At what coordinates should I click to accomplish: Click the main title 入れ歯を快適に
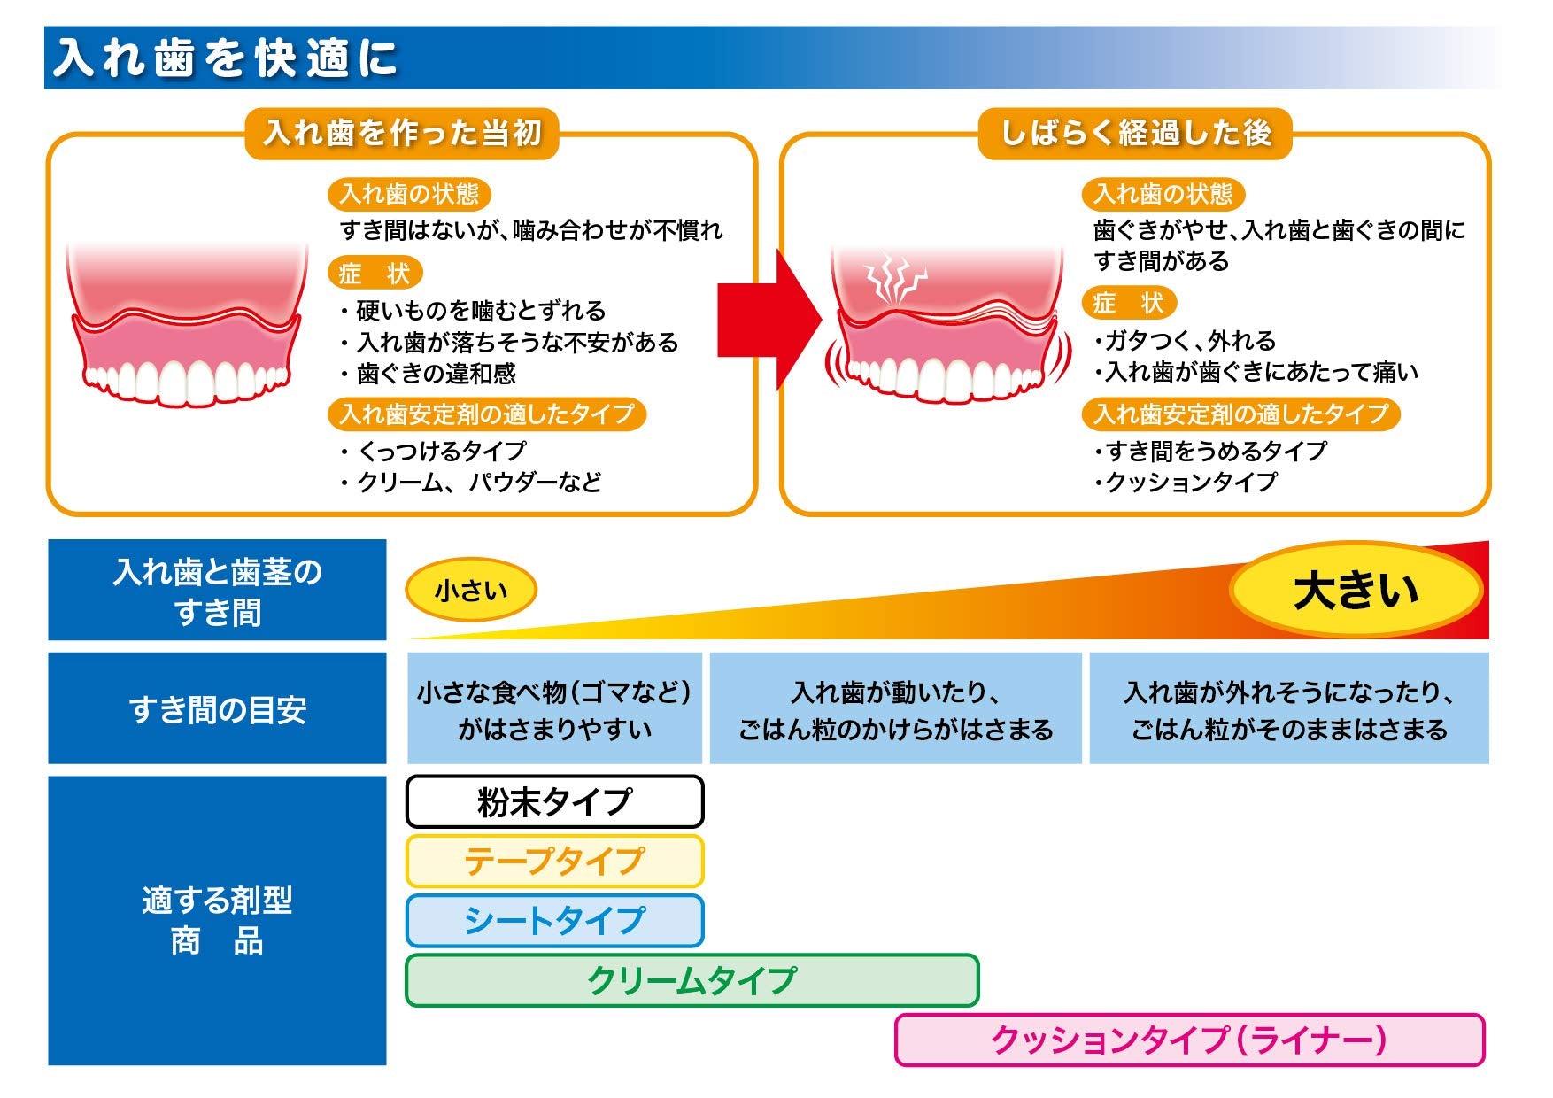click(226, 58)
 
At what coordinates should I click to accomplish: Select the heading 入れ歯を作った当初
click(402, 133)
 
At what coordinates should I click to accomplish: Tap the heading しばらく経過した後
click(1135, 133)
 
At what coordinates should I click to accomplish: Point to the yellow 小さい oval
click(471, 590)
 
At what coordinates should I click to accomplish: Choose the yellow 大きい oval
click(1356, 590)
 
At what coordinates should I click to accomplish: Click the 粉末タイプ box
click(554, 802)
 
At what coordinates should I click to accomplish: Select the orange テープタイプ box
click(554, 861)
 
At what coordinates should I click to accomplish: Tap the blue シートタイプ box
click(554, 921)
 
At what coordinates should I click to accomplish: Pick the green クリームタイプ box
click(692, 980)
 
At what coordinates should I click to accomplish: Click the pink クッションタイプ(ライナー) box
click(1189, 1040)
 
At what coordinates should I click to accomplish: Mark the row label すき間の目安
click(217, 708)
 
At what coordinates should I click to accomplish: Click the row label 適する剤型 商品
click(217, 920)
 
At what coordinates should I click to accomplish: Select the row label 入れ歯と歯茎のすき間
click(217, 591)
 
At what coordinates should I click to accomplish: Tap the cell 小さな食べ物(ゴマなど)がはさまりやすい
click(554, 708)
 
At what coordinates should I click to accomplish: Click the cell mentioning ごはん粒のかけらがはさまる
click(895, 708)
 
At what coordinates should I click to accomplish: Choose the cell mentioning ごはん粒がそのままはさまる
click(1288, 708)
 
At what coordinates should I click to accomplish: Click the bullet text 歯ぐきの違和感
click(436, 374)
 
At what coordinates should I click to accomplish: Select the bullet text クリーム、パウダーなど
click(478, 483)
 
